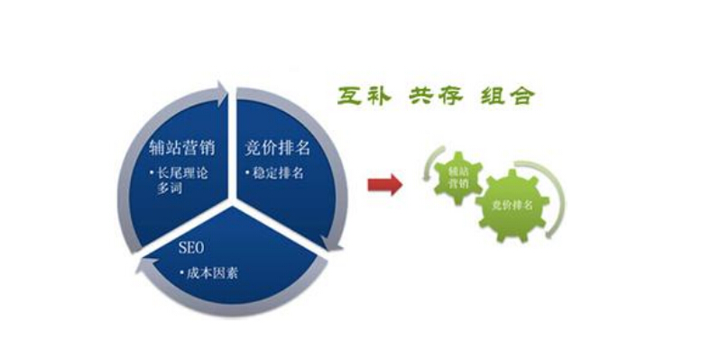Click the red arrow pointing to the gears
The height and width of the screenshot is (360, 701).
pyautogui.click(x=385, y=185)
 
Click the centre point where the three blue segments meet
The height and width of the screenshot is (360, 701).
pyautogui.click(x=236, y=199)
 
